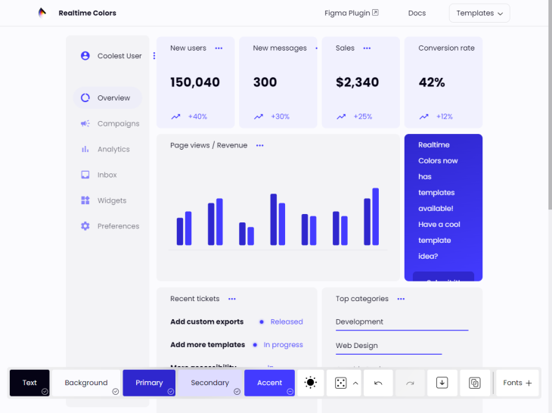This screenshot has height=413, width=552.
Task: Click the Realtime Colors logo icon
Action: (42, 13)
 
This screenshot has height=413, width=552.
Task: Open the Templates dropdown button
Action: (479, 13)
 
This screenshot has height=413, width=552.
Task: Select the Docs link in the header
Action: (417, 13)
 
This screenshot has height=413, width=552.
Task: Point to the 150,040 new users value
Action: (195, 82)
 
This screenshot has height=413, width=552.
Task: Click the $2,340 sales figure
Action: (358, 82)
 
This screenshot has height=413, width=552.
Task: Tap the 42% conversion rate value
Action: (432, 82)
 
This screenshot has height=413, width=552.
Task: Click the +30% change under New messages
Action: (281, 116)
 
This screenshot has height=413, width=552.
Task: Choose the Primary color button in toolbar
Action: (149, 383)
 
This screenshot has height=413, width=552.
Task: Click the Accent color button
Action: (269, 383)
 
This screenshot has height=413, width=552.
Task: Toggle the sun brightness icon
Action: (310, 383)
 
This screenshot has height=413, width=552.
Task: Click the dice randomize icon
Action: (341, 383)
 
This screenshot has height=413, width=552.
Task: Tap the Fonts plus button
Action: (518, 383)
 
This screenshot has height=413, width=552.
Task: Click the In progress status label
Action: (283, 345)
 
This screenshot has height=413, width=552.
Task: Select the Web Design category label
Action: (357, 346)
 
